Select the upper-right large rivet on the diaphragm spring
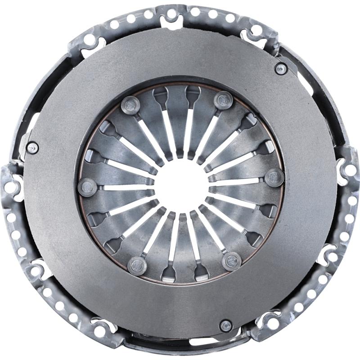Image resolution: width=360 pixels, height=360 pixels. (222, 100)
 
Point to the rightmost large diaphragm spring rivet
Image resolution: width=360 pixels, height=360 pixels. (273, 177)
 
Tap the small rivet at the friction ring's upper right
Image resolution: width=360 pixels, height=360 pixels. (280, 68)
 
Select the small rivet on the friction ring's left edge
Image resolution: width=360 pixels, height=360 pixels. (32, 148)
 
